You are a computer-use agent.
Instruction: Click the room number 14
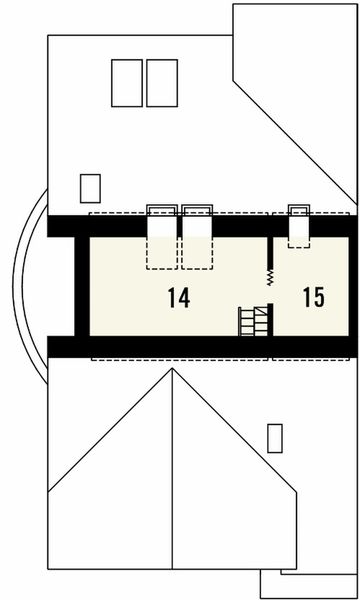(179, 297)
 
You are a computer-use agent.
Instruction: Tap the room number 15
(312, 297)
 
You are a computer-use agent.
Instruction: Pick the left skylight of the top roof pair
(127, 83)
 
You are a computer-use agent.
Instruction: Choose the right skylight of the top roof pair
(161, 83)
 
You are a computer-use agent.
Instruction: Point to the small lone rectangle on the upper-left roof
(90, 187)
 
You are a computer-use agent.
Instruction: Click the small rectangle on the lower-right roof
(275, 437)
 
